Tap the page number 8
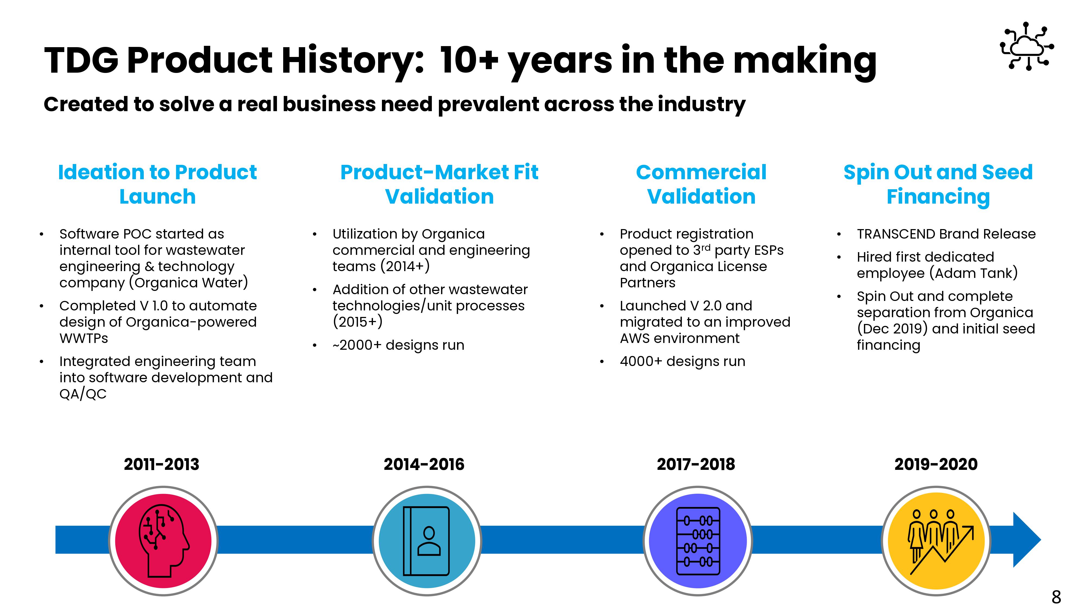click(1056, 596)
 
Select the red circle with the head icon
click(163, 541)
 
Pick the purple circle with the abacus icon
click(698, 541)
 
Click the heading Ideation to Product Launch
click(158, 184)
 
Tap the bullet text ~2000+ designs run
click(398, 345)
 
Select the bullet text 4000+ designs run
click(682, 361)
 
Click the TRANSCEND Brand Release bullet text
click(946, 234)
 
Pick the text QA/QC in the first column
click(83, 394)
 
